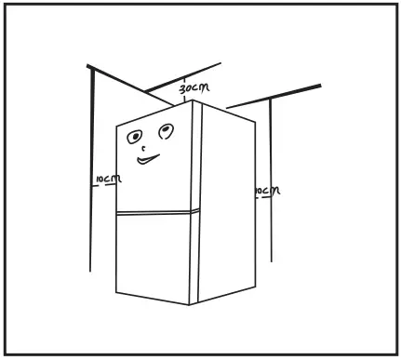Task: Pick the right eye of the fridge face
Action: coord(166,129)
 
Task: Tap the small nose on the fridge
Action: coord(142,149)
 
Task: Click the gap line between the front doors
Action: coord(156,212)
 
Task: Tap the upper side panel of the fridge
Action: coord(227,158)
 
